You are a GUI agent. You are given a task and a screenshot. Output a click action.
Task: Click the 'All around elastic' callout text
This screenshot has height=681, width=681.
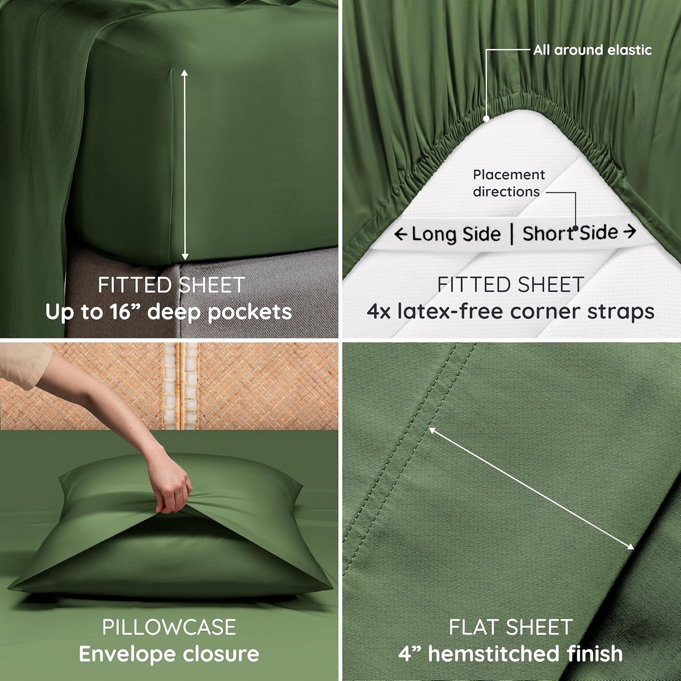coord(592,50)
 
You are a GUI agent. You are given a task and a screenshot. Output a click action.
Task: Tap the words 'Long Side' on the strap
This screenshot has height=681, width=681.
coord(456,234)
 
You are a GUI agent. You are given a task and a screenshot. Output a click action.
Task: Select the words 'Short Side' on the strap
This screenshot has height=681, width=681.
coord(570,233)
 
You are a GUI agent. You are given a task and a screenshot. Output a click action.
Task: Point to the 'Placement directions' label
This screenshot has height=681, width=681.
coord(508,183)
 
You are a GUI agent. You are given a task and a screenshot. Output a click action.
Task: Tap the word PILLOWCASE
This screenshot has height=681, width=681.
coord(169,627)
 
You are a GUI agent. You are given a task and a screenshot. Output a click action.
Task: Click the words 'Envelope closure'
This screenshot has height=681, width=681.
coord(169,654)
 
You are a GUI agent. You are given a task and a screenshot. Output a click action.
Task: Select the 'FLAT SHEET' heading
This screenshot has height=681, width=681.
coord(510,627)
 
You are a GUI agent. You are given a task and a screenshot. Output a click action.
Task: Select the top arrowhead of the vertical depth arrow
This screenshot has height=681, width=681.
coord(184,73)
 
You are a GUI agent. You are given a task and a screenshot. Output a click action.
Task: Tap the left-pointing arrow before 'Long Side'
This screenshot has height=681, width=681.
coord(401,234)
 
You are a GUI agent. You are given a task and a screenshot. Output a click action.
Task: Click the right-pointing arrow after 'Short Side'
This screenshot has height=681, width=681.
coord(630,231)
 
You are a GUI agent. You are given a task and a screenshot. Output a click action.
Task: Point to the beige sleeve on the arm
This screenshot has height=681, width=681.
coord(24,363)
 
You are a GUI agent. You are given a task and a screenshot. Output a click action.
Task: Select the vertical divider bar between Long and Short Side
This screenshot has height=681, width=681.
coord(512,234)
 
